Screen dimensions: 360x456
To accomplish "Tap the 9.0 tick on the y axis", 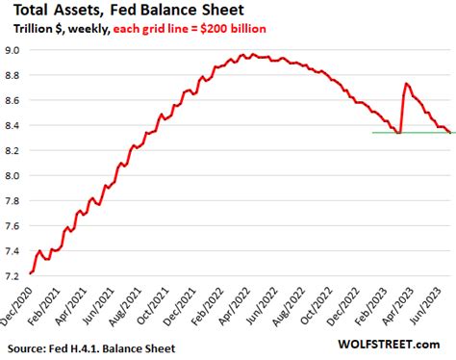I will point(16,49).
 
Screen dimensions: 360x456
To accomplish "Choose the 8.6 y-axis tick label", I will point(16,99).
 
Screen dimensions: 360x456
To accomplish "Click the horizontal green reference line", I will point(385,133).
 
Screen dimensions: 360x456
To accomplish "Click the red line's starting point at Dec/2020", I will point(32,273).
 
